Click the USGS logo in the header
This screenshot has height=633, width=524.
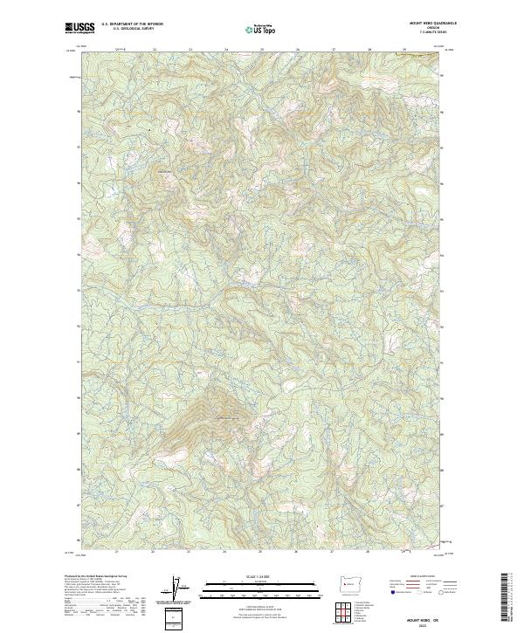[79, 28]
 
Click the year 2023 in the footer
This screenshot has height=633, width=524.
[425, 625]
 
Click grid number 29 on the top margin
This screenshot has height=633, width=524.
[404, 50]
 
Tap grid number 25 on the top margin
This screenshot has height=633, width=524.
[261, 50]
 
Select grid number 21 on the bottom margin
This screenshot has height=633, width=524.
[117, 552]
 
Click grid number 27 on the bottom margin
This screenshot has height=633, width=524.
[333, 552]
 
